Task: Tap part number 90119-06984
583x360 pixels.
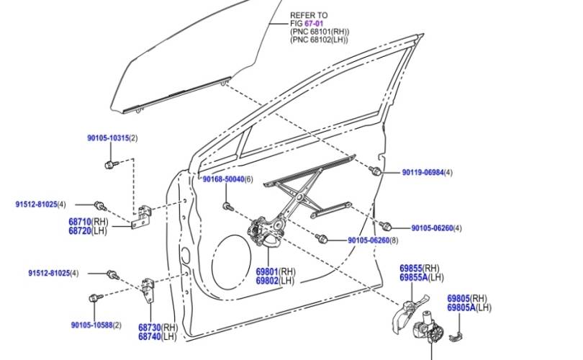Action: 422,173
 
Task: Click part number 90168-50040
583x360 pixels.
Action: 223,179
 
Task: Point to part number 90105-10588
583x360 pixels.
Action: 91,325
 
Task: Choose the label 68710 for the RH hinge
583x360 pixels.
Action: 80,222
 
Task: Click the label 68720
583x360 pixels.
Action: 80,230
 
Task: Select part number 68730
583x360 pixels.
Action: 149,328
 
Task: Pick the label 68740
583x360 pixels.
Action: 149,336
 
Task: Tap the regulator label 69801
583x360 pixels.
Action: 267,272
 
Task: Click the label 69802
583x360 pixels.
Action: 267,281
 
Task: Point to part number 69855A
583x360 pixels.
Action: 413,277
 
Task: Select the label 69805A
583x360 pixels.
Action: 461,307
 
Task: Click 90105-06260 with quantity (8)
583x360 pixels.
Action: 368,240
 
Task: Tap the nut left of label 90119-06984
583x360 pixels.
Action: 376,171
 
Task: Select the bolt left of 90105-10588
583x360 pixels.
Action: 93,297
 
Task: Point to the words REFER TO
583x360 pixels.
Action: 308,14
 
